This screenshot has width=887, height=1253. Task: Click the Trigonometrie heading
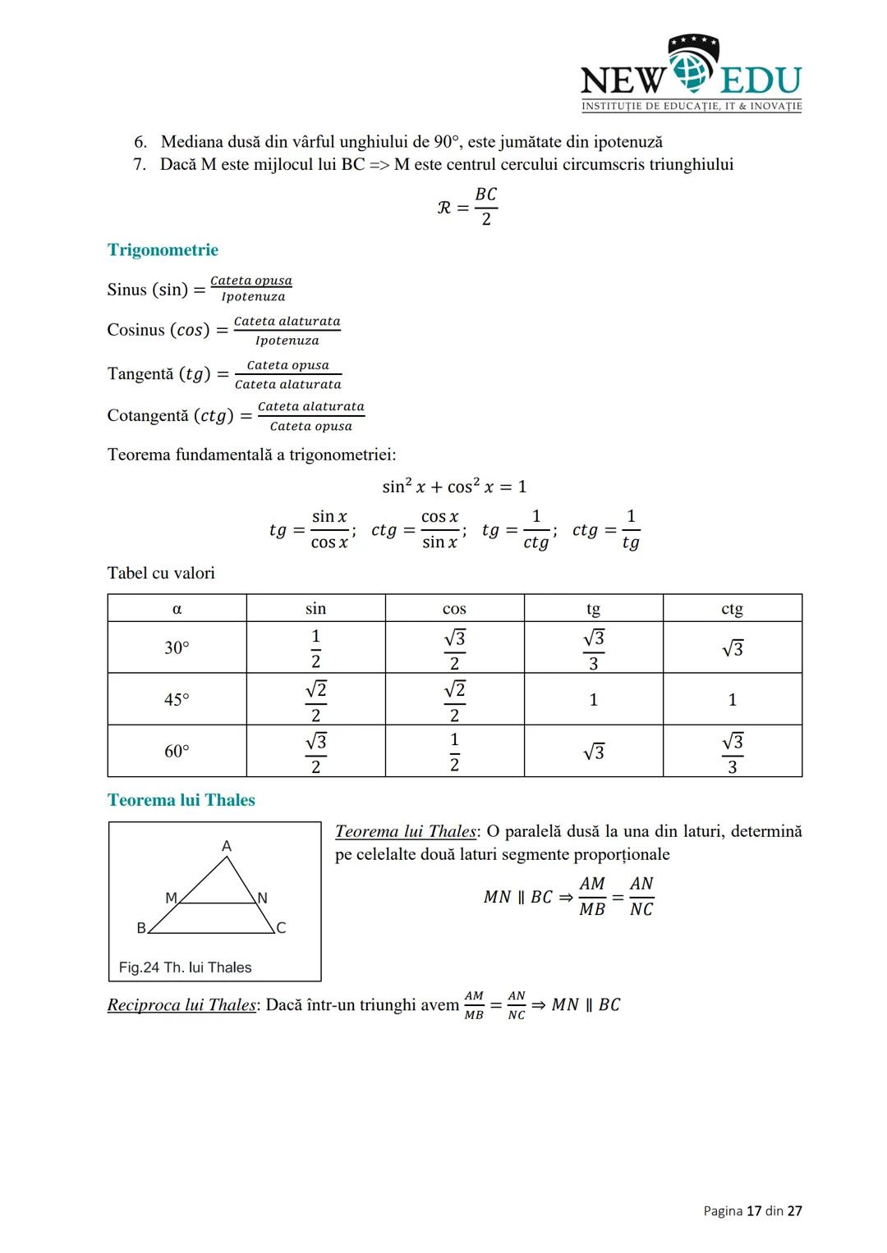point(163,250)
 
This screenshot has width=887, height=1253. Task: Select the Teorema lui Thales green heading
point(181,800)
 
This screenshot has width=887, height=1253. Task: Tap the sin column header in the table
point(315,609)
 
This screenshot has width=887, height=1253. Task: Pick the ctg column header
point(732,609)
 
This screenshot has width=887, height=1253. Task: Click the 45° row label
point(177,700)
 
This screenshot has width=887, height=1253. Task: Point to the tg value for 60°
point(593,752)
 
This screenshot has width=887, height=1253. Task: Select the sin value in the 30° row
point(315,648)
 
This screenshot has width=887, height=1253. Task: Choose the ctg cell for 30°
point(732,648)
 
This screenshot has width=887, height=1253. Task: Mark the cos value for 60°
point(454,752)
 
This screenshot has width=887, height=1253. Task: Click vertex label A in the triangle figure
point(227,846)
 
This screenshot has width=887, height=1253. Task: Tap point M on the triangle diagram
point(171,899)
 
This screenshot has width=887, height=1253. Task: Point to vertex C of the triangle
point(281,928)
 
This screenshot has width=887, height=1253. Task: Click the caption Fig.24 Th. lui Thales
point(186,967)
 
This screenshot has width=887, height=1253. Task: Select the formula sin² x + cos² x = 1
point(454,487)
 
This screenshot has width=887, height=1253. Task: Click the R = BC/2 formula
point(468,207)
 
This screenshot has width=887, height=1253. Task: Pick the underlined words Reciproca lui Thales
point(182,1005)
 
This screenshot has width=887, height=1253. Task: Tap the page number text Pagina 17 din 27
point(752,1211)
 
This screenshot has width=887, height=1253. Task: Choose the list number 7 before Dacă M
point(140,165)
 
